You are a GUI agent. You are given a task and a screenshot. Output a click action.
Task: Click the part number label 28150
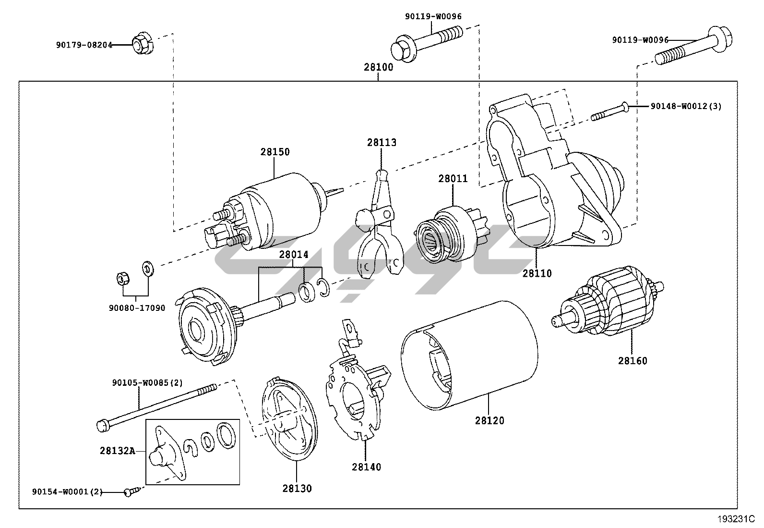pyautogui.click(x=275, y=152)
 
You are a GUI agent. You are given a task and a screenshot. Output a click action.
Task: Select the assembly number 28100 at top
pyautogui.click(x=378, y=67)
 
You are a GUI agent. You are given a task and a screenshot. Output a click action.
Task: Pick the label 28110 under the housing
pyautogui.click(x=537, y=273)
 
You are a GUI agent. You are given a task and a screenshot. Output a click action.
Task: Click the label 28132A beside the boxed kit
pyautogui.click(x=117, y=451)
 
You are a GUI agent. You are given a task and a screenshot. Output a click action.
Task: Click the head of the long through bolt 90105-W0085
pyautogui.click(x=102, y=425)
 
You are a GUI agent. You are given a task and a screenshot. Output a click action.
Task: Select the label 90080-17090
pyautogui.click(x=137, y=308)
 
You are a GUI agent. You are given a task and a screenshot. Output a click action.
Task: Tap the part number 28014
pyautogui.click(x=294, y=255)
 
